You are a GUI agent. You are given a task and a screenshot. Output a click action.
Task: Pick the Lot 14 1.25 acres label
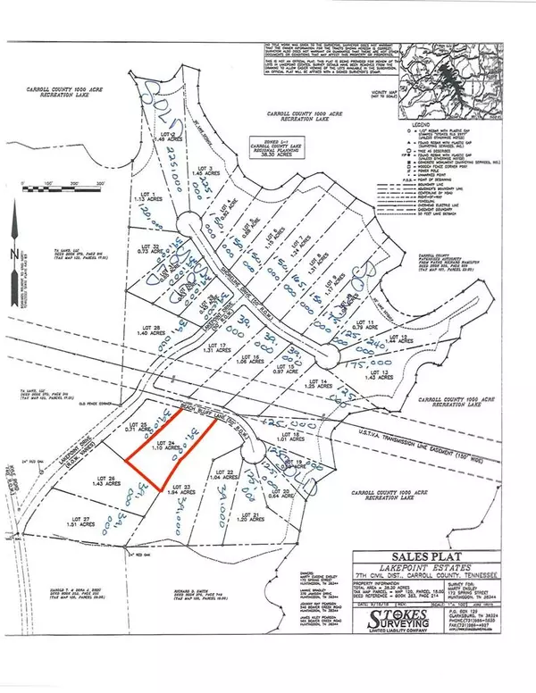314,385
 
